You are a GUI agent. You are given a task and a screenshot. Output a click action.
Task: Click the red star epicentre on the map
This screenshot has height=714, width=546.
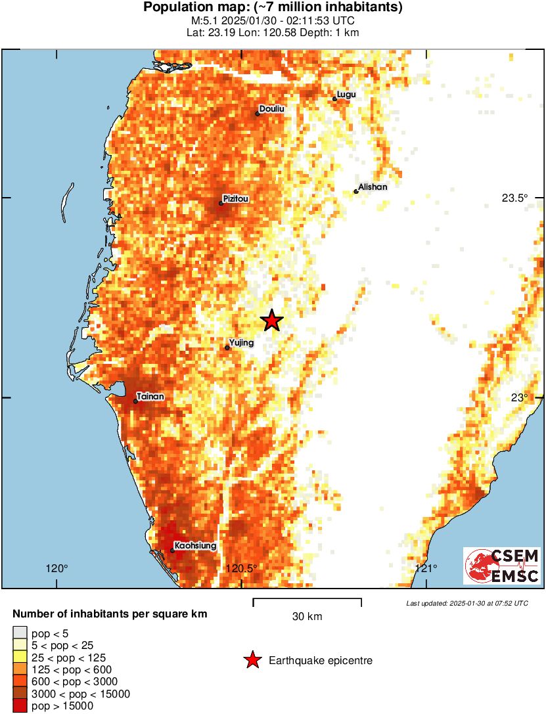coord(271,321)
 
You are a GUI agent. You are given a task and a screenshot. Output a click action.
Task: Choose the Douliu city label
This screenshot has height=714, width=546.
coord(272,109)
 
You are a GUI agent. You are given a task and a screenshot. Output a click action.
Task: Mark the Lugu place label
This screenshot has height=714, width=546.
coord(346,95)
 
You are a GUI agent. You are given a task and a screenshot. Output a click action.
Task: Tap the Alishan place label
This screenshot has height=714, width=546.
coord(373,187)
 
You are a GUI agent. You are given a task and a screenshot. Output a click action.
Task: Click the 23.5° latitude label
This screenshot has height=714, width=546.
coord(515,198)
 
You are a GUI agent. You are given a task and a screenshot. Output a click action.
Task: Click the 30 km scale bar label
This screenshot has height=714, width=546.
coord(307,617)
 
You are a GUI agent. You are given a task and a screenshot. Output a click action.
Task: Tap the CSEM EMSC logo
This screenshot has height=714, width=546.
coord(502,566)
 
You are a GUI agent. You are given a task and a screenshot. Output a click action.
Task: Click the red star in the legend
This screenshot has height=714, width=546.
coord(252,660)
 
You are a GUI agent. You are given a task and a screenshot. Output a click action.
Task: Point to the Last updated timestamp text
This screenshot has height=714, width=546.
coord(466,603)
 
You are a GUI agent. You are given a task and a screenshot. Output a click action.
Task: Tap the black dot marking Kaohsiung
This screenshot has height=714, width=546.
coord(172,550)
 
